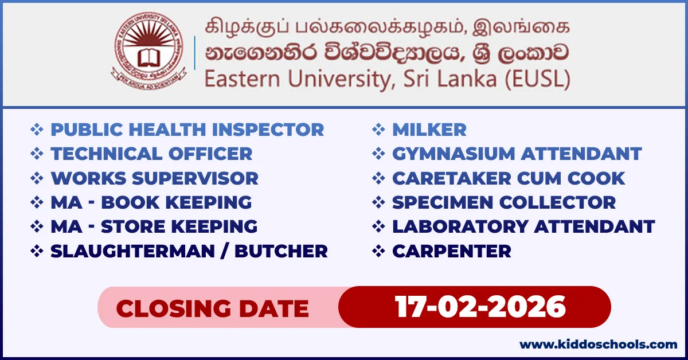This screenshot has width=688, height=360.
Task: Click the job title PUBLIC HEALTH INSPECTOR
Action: coord(187,130)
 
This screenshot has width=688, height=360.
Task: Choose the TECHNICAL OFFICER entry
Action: coord(151,154)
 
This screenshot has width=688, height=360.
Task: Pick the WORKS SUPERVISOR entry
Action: coord(154,178)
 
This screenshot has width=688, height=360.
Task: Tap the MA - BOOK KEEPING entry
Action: coord(151,202)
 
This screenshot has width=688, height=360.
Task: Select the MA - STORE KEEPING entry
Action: coord(154,226)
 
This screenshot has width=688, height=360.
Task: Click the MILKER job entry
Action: coord(429,130)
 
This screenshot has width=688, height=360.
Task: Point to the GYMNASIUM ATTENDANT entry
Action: coord(517,154)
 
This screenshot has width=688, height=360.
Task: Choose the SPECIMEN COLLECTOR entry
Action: coord(503,202)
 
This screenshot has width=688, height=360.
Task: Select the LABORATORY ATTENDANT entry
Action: coord(523,226)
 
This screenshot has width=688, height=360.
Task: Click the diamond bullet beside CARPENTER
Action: coord(378,251)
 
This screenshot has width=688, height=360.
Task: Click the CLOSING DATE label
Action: coord(212,309)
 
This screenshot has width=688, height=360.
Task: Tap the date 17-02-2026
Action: coord(480,307)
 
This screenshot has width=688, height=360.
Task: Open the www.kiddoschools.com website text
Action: coord(598,345)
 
